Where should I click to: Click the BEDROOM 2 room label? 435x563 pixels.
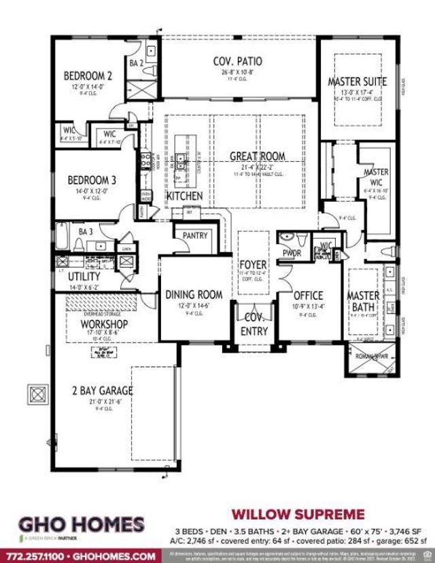pos(88,75)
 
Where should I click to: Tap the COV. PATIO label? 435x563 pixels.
pos(237,62)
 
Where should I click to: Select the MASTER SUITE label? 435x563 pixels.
pos(357,82)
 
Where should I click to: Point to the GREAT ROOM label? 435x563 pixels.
pos(257,156)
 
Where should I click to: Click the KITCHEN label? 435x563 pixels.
pos(184,196)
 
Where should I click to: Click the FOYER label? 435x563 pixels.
pos(252,264)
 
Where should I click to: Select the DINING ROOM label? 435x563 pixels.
pos(194,294)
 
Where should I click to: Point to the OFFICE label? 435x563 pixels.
pos(308,296)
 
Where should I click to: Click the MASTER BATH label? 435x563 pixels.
pos(364,303)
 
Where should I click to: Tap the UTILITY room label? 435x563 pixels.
pos(84,277)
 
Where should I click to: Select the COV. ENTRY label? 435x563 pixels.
pos(254,324)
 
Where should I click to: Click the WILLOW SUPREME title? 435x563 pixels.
pos(298,513)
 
